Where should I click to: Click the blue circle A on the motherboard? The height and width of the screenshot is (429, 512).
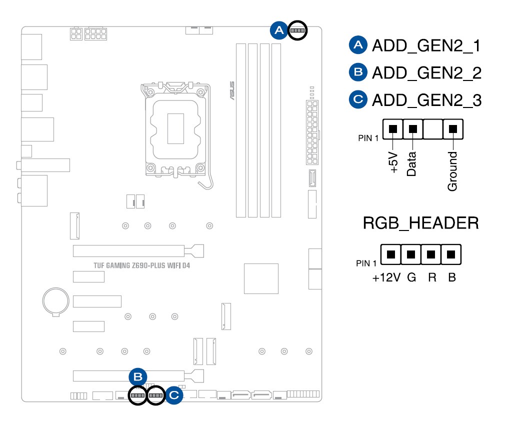point(279,31)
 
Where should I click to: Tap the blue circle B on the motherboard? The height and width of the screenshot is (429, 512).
point(138,377)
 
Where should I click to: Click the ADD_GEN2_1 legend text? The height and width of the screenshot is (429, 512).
point(426,46)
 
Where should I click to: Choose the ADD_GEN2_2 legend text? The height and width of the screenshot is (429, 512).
point(426,73)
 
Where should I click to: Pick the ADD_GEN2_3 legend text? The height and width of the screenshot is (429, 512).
point(426,100)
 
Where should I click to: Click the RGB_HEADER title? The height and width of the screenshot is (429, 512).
point(420,223)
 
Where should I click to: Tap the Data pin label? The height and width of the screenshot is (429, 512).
point(412,164)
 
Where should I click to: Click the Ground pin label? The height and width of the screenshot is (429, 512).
point(452,171)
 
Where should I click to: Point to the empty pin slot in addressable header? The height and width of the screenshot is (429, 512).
point(433,129)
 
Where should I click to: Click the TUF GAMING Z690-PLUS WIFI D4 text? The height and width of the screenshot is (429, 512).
point(141,265)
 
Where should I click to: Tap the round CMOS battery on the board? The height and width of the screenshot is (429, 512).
point(54,301)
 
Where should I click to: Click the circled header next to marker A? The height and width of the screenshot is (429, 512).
point(297,31)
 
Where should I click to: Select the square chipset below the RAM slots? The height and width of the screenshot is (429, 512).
point(261,278)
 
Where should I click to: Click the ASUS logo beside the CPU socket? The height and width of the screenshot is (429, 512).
point(231,90)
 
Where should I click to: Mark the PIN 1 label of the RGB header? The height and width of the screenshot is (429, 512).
point(366,263)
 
